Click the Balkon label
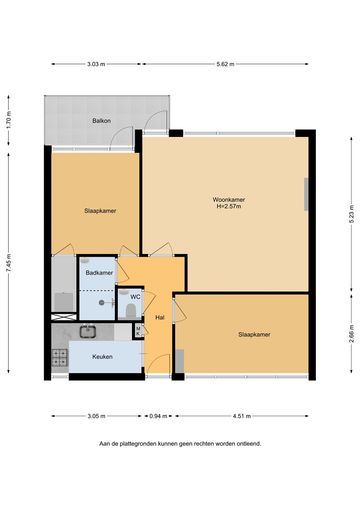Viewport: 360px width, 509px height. (x=102, y=121)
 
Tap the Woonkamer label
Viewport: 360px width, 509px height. (x=229, y=200)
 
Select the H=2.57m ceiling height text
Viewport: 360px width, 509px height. (x=229, y=206)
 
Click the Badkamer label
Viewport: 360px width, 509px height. (x=99, y=273)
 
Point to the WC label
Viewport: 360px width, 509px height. (x=135, y=297)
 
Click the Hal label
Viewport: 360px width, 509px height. (x=160, y=318)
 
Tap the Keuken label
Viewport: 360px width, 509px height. (x=102, y=357)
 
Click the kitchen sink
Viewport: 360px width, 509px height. (x=88, y=331)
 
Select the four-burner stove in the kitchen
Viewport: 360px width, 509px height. (x=60, y=357)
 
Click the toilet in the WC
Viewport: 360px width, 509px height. (x=130, y=311)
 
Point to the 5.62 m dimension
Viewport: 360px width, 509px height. (x=225, y=64)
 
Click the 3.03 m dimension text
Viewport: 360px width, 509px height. (x=96, y=64)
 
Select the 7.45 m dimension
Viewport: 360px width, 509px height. (x=9, y=263)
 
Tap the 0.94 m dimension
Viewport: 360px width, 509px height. (x=158, y=416)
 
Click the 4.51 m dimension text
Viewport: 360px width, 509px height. (x=242, y=416)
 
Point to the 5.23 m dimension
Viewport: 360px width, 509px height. (x=352, y=214)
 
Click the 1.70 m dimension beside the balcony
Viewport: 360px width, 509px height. (x=9, y=120)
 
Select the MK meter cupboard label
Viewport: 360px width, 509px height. (x=138, y=331)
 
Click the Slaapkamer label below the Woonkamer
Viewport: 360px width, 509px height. (x=254, y=334)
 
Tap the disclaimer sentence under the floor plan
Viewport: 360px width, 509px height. (x=180, y=444)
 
